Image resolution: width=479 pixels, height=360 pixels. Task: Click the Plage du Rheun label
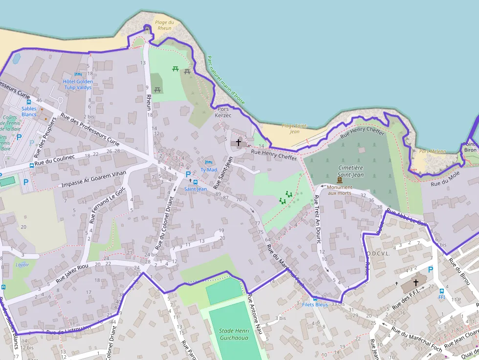pos(164,25)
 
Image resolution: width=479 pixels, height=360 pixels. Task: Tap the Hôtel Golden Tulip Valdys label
pos(78,85)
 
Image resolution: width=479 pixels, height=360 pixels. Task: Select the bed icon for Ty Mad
pos(209,162)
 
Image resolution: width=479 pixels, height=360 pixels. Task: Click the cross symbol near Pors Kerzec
pos(239,143)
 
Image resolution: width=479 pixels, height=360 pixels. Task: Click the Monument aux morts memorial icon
pos(340,180)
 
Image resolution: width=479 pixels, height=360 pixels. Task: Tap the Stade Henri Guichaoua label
pos(234,335)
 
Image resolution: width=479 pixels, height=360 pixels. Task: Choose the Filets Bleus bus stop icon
pos(315,298)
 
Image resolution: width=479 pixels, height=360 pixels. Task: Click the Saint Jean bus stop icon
pos(196,182)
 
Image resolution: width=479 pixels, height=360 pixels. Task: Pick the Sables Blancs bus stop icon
pos(29,102)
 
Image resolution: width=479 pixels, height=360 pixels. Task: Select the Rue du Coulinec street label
pos(54,160)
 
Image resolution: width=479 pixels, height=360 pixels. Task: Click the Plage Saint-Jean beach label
pos(294,128)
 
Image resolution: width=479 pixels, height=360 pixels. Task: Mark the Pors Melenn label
pos(433,151)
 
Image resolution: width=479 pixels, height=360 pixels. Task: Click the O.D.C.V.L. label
pos(377,254)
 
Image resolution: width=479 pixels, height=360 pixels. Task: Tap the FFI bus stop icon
pos(442,291)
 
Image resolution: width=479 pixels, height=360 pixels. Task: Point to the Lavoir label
pos(22,265)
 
